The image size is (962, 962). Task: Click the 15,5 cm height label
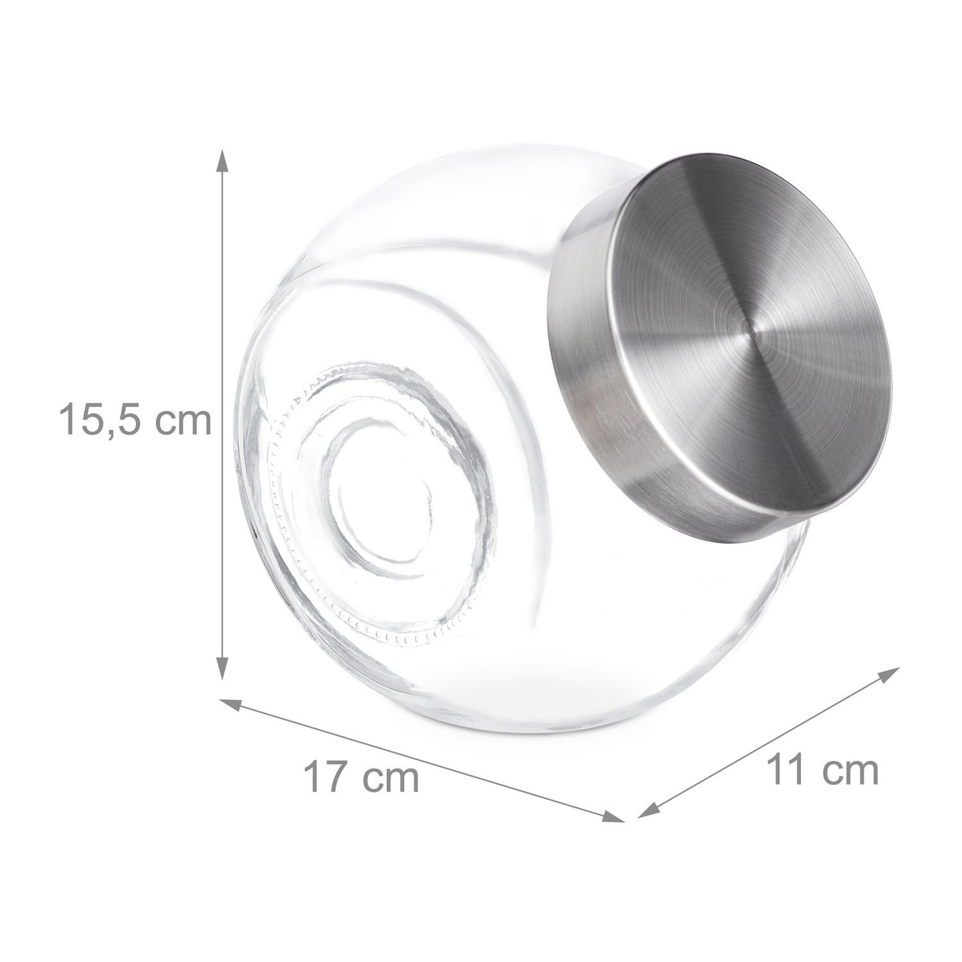point(135,419)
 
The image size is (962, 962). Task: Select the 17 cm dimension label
point(361,777)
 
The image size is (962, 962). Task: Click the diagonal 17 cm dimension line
point(423,761)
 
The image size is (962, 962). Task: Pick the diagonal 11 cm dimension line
point(770,742)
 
